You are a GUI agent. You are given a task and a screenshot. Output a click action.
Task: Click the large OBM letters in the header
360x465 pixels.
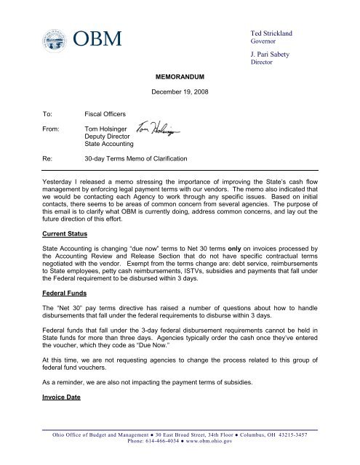[101, 39]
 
